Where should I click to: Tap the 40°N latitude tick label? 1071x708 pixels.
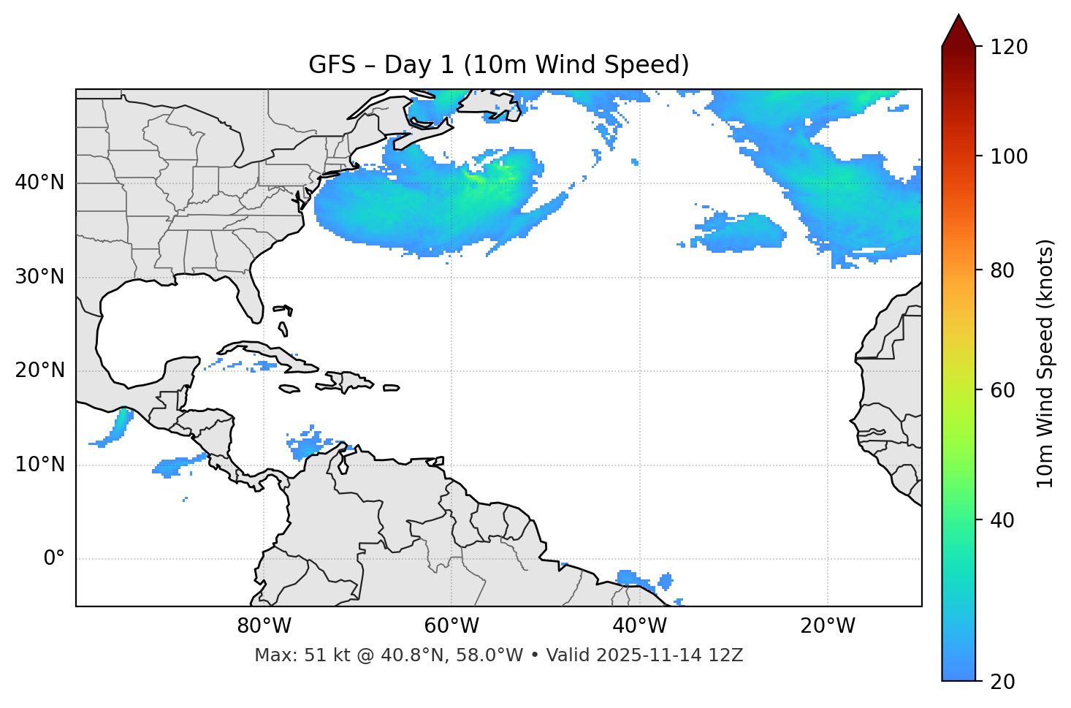click(x=39, y=183)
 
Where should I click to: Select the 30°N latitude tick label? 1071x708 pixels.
click(x=39, y=277)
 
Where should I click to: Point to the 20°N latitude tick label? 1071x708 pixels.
click(x=39, y=370)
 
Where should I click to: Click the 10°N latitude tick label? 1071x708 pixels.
click(x=39, y=465)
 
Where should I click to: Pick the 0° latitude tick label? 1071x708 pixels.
click(x=53, y=559)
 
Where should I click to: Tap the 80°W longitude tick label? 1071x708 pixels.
click(x=264, y=626)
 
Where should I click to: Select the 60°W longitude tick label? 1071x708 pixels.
click(x=451, y=626)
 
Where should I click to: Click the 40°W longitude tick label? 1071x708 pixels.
click(x=639, y=626)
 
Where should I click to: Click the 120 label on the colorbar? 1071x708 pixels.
click(x=1009, y=47)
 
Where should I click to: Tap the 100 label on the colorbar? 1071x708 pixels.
click(x=1009, y=156)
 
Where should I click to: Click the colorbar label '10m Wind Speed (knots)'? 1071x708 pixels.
click(x=1045, y=363)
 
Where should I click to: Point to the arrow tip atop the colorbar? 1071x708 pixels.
click(x=958, y=15)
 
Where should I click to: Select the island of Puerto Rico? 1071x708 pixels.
click(x=391, y=388)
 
